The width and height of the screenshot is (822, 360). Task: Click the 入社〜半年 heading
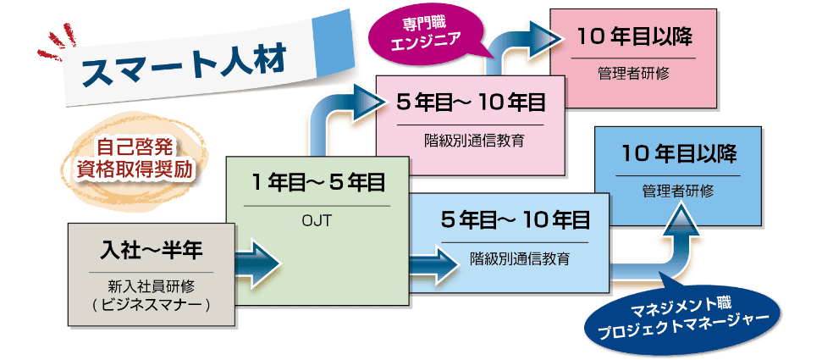pos(149,251)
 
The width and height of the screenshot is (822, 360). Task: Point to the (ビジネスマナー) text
pos(149,302)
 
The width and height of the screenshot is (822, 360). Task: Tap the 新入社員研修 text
pos(149,285)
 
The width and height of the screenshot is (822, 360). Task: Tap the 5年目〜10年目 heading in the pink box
pos(471,103)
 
